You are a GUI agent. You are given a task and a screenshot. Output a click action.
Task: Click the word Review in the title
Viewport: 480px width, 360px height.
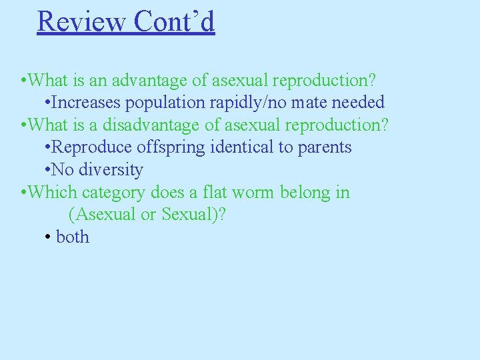pyautogui.click(x=81, y=21)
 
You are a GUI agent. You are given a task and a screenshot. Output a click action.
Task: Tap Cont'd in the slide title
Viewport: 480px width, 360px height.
pyautogui.click(x=174, y=21)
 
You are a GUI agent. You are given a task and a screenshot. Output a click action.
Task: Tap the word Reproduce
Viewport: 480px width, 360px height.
pyautogui.click(x=93, y=147)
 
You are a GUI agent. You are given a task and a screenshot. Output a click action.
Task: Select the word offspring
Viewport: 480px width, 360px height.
pyautogui.click(x=171, y=147)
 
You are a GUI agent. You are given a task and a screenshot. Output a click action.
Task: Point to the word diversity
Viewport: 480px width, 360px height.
pyautogui.click(x=111, y=170)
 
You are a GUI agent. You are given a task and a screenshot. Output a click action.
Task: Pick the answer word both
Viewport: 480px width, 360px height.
pyautogui.click(x=73, y=237)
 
